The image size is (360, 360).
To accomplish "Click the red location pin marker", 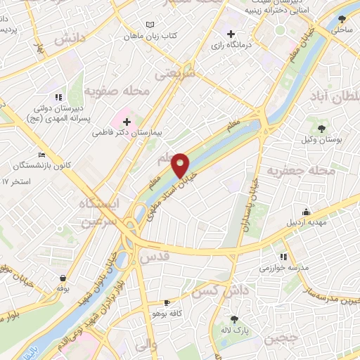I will point(181,165).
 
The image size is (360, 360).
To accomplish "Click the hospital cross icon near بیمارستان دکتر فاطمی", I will point(127,122).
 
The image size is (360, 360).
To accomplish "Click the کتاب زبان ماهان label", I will point(150,35).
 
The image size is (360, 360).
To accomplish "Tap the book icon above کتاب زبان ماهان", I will point(149,25).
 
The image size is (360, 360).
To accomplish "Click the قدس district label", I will point(156,258).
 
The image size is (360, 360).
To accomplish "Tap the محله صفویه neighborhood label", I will point(108,91).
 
